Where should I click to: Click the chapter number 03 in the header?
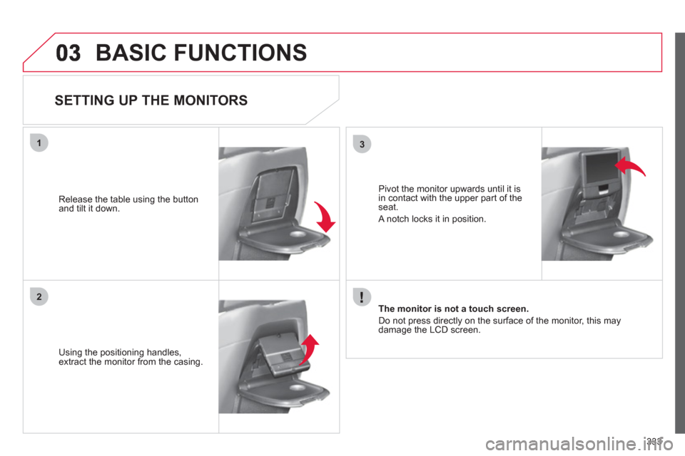pyautogui.click(x=68, y=53)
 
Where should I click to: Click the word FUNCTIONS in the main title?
pyautogui.click(x=240, y=53)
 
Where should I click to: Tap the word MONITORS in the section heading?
pyautogui.click(x=210, y=100)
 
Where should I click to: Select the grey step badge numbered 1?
pyautogui.click(x=39, y=142)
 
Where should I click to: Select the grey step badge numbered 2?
pyautogui.click(x=39, y=296)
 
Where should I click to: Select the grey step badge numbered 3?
pyautogui.click(x=362, y=144)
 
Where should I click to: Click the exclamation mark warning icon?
pyautogui.click(x=362, y=297)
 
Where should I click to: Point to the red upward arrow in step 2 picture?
pyautogui.click(x=309, y=350)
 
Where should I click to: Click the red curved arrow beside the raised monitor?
pyautogui.click(x=629, y=166)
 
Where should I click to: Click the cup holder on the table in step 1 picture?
pyautogui.click(x=297, y=234)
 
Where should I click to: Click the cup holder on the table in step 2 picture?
pyautogui.click(x=297, y=388)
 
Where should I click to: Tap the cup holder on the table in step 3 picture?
pyautogui.click(x=620, y=234)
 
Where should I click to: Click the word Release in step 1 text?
pyautogui.click(x=76, y=199)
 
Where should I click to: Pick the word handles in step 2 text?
pyautogui.click(x=164, y=353)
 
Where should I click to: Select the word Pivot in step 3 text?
pyautogui.click(x=388, y=189)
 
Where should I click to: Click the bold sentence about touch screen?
pyautogui.click(x=454, y=309)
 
